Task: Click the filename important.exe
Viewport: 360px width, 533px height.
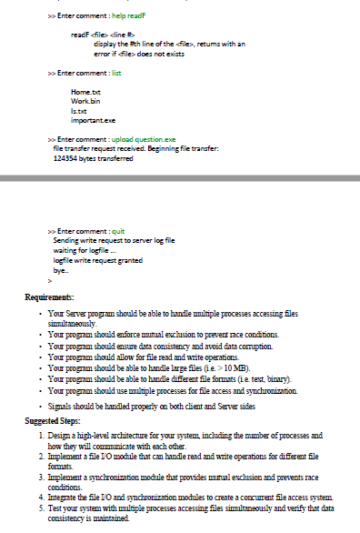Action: click(93, 118)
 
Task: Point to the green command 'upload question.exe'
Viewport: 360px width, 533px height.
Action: click(144, 139)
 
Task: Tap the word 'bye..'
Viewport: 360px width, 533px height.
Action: click(61, 270)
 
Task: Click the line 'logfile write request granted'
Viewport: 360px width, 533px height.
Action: click(97, 261)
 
